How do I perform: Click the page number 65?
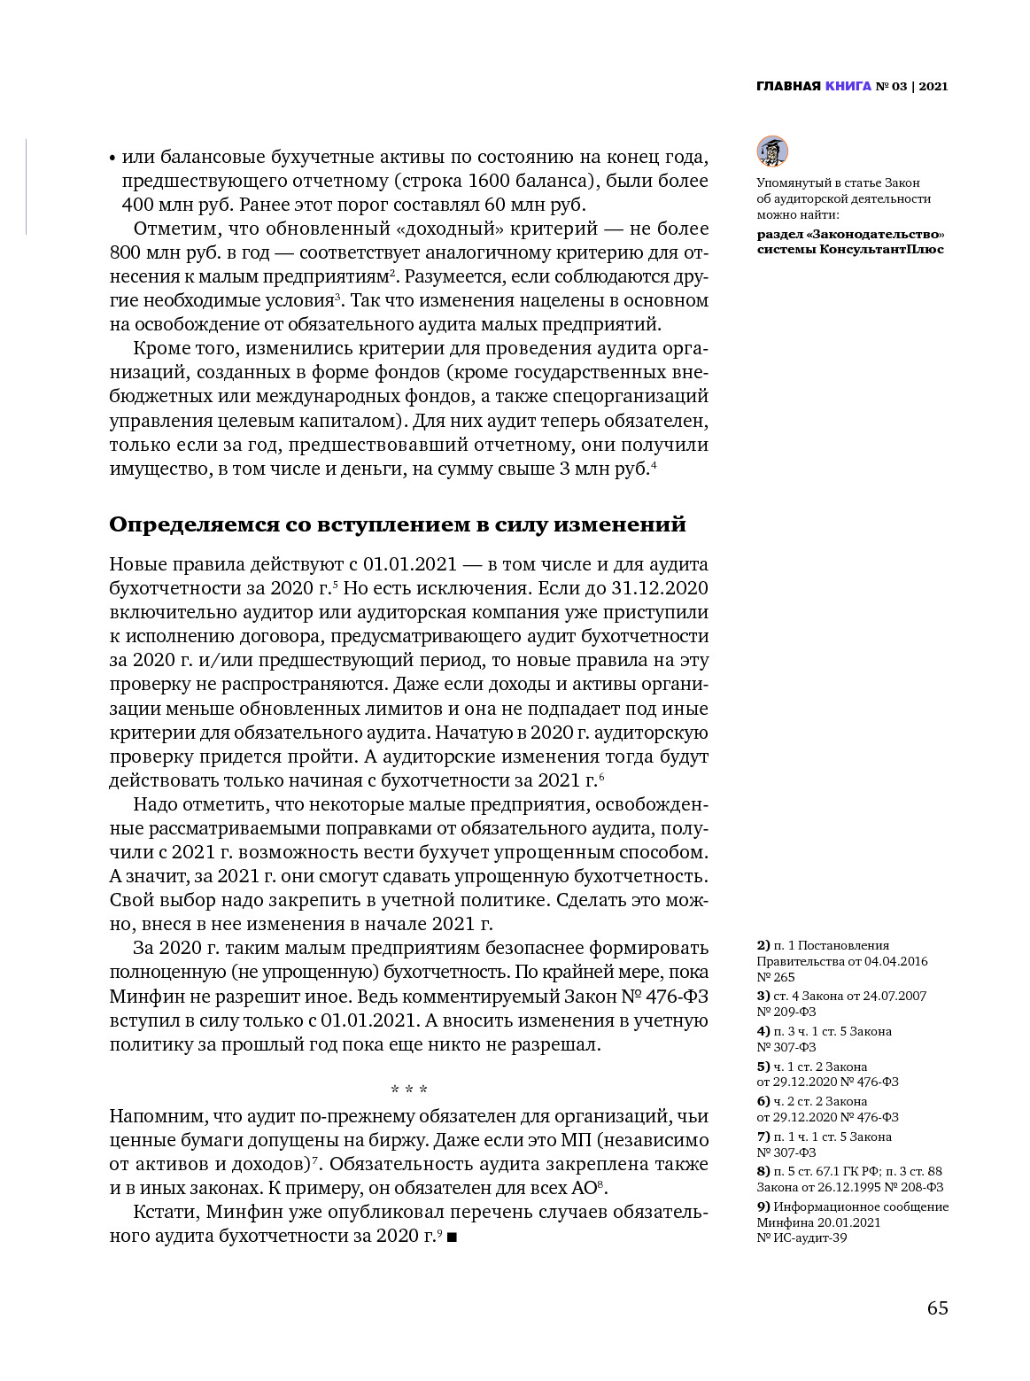(x=937, y=1308)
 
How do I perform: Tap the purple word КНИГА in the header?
(x=848, y=86)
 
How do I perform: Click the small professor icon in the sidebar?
(x=772, y=151)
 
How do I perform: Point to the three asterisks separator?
(x=409, y=1089)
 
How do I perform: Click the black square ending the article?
(x=452, y=1237)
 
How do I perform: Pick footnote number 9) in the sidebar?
(x=763, y=1206)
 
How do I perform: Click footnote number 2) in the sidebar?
(x=763, y=945)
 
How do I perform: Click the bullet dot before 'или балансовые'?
(x=112, y=159)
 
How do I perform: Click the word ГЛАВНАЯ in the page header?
(x=788, y=86)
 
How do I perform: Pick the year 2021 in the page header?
(x=933, y=86)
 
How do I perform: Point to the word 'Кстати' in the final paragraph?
(x=165, y=1212)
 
